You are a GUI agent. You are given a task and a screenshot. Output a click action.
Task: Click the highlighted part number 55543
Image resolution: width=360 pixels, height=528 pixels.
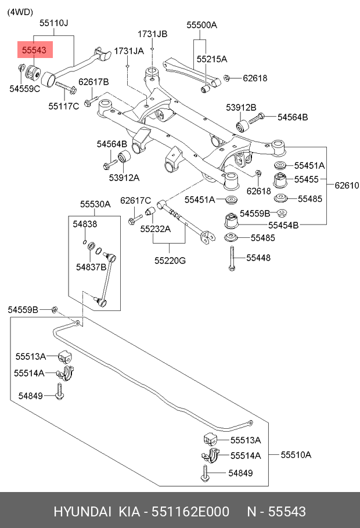[x=34, y=51]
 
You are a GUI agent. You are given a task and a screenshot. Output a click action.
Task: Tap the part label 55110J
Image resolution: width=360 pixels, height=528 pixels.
[x=53, y=23]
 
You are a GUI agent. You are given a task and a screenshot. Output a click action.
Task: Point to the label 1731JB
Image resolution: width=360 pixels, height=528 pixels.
[x=152, y=34]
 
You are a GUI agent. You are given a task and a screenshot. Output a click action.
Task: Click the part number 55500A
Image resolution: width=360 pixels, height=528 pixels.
[x=201, y=25]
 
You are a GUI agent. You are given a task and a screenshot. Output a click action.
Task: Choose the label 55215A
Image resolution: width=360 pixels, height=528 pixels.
[x=211, y=59]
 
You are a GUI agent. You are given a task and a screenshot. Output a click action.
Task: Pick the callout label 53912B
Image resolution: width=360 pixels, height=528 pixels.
[x=241, y=107]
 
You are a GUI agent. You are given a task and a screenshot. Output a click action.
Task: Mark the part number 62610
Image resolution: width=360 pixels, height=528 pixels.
[x=347, y=186]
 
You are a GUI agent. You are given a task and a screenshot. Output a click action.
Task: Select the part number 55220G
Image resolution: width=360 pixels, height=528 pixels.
[x=170, y=261]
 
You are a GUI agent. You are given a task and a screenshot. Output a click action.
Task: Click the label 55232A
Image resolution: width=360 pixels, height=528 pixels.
[x=156, y=229]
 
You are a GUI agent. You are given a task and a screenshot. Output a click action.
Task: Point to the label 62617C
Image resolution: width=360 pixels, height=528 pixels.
[x=135, y=200]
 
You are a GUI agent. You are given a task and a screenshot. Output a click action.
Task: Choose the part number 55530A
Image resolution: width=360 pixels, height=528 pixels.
[x=95, y=204]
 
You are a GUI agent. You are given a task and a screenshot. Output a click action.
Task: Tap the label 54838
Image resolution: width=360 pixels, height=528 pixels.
[x=85, y=223]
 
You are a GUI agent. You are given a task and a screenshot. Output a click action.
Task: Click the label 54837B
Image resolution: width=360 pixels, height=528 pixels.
[x=91, y=267]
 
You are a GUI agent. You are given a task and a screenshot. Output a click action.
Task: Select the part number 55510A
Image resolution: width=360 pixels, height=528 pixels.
[x=296, y=454]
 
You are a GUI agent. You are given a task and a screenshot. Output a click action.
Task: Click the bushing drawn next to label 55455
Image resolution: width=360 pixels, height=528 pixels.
[x=280, y=180]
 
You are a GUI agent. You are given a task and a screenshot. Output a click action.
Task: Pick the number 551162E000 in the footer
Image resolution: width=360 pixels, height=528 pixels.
[x=190, y=511]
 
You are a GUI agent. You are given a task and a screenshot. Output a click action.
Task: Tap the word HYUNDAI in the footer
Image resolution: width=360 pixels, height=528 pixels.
[x=83, y=511]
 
